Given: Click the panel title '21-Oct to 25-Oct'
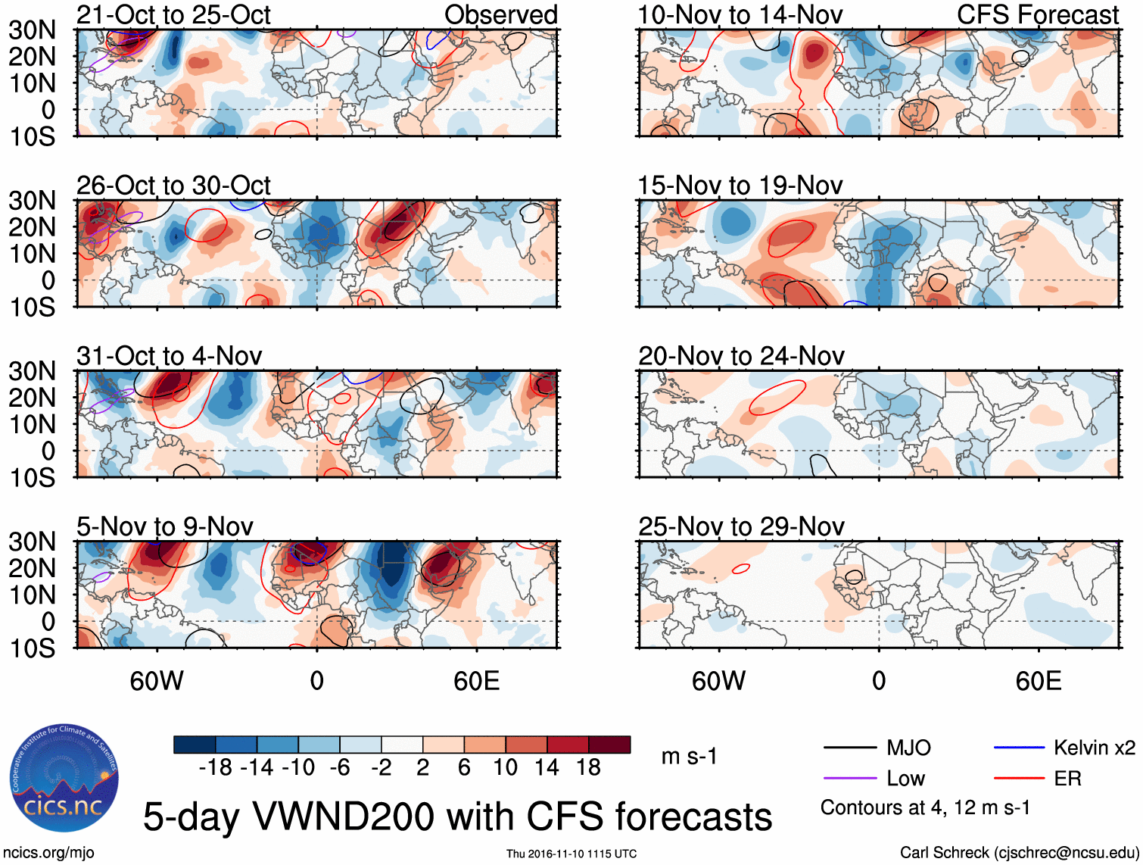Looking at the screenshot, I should point(173,14).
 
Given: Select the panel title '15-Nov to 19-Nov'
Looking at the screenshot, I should point(740,185).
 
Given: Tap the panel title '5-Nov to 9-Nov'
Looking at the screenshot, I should point(165,526).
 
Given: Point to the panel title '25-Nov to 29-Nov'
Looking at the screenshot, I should point(741,526).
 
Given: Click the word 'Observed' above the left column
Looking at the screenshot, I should point(500,14).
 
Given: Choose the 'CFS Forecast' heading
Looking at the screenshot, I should point(1037,14).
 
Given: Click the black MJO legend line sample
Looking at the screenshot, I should point(849,748).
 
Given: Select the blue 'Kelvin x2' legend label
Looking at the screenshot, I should point(1094,748).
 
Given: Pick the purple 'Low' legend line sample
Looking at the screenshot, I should point(849,779).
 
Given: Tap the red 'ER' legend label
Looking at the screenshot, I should point(1067,779).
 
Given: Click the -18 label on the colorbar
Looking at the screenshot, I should point(216,768).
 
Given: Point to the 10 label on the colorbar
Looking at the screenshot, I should point(505,768).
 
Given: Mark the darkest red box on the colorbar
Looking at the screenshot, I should point(609,745).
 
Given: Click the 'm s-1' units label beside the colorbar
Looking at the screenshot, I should point(689,757).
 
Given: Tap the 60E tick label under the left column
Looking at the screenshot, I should point(476,681).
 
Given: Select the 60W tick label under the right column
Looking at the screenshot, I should point(718,681).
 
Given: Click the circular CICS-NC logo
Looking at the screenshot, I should point(64,778).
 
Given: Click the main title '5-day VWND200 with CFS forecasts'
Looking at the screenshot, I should point(457,817).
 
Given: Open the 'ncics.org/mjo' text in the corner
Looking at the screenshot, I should point(48,853).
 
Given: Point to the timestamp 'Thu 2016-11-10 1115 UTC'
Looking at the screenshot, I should point(571,854).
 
